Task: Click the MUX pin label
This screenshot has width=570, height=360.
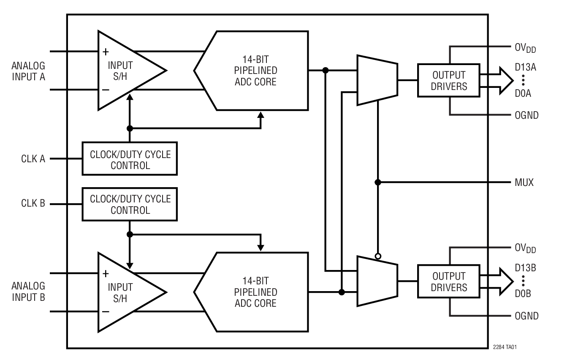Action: click(x=524, y=183)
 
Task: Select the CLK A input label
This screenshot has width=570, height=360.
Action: click(x=33, y=159)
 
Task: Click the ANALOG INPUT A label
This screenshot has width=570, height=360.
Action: click(x=28, y=71)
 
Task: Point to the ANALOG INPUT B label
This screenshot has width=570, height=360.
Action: click(x=28, y=292)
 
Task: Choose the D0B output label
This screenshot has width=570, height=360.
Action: click(x=523, y=294)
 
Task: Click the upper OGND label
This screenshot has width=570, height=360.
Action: click(x=527, y=115)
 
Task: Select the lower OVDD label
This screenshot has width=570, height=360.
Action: click(x=525, y=248)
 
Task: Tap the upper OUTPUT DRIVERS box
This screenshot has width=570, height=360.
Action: click(x=449, y=80)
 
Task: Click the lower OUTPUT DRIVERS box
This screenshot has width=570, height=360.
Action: click(x=449, y=281)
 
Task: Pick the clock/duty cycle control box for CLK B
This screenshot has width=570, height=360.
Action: click(x=130, y=205)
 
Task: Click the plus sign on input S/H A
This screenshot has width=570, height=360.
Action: click(x=106, y=52)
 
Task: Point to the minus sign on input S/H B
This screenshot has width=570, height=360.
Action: click(x=106, y=312)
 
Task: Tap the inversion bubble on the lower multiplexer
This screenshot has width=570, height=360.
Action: click(x=378, y=256)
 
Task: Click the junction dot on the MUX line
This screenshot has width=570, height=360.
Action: click(x=378, y=183)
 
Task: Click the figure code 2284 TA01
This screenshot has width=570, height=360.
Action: click(x=505, y=347)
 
